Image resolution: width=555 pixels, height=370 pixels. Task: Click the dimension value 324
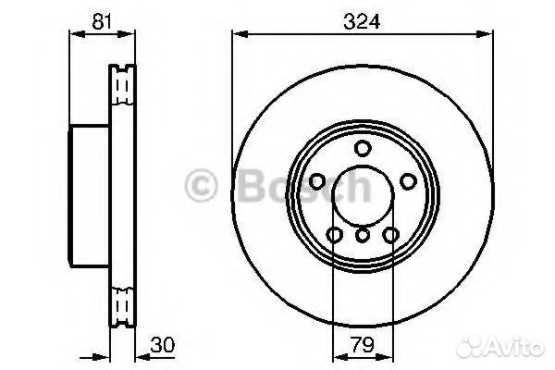click(362, 21)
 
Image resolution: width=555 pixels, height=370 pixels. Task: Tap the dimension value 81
click(102, 21)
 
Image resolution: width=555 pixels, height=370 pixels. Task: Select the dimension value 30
click(163, 345)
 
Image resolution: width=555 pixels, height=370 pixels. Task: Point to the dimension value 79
click(363, 345)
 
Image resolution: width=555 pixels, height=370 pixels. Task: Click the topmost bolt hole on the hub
click(363, 148)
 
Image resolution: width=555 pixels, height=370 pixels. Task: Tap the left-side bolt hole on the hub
click(317, 181)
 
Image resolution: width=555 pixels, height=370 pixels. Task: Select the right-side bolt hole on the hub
click(409, 181)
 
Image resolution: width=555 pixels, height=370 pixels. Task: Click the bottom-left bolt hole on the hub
click(335, 234)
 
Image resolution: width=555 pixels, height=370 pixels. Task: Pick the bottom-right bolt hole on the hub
click(391, 234)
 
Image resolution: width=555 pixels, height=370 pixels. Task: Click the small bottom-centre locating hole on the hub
click(363, 235)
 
